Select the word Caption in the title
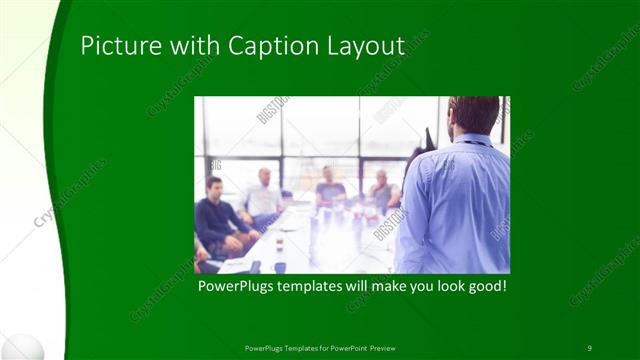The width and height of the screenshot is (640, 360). point(269,46)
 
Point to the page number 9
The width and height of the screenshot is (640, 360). point(590,347)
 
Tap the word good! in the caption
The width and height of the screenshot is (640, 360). point(486,286)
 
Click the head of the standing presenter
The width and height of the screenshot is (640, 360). point(474,113)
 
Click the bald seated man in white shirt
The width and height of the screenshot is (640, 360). point(262,196)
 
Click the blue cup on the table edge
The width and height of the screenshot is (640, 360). point(281,266)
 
